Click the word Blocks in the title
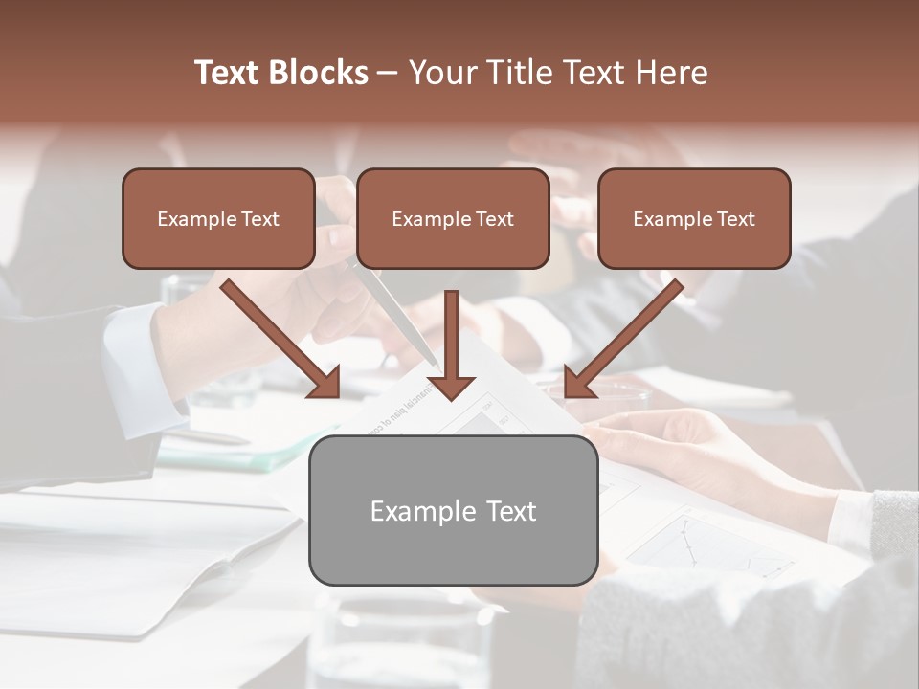319,73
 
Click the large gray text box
453,510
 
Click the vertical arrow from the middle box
451,335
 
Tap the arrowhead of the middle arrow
451,387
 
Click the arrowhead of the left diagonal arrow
325,383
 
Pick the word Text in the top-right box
736,219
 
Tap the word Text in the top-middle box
495,219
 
